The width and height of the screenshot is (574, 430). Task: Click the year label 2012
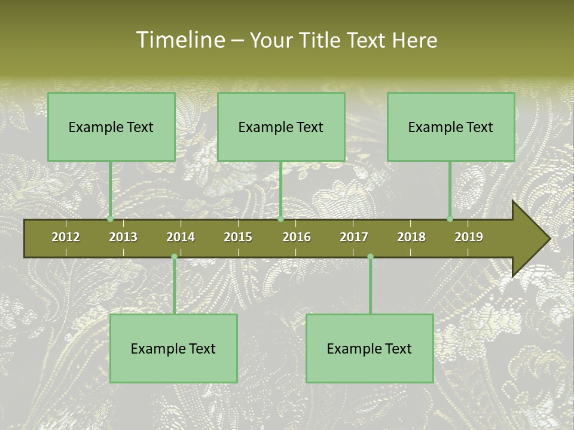click(x=66, y=237)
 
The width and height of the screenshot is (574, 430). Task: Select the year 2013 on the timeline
click(x=123, y=237)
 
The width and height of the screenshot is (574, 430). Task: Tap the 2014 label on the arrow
click(x=181, y=237)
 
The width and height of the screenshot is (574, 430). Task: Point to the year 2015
click(x=238, y=237)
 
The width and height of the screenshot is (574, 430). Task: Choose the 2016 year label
click(x=297, y=237)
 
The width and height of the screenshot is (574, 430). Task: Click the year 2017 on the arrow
click(x=354, y=237)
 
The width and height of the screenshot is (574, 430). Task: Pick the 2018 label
click(x=411, y=237)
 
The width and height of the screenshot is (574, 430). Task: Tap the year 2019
click(x=469, y=237)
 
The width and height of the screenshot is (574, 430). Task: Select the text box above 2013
click(x=111, y=127)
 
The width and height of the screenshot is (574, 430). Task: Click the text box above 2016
click(x=281, y=127)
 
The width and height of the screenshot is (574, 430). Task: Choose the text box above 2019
click(x=451, y=127)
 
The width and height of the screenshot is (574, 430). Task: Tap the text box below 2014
click(x=173, y=348)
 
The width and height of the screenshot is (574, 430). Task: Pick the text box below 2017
click(x=370, y=348)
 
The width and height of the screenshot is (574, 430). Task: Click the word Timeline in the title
click(x=179, y=40)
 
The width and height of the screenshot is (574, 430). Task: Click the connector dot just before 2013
click(x=110, y=219)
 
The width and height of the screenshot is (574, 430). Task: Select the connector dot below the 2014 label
click(x=174, y=257)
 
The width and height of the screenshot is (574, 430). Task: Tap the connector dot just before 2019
click(x=450, y=219)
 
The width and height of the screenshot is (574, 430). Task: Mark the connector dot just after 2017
click(x=370, y=257)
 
